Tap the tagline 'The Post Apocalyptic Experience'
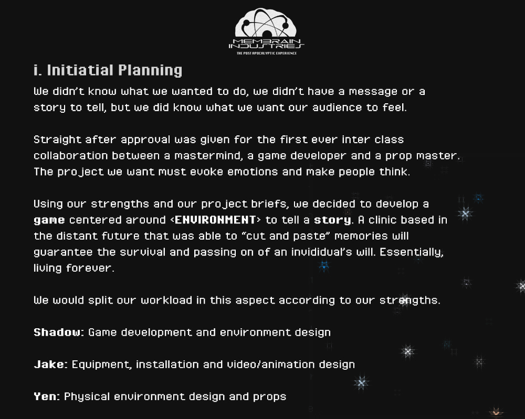[x=267, y=53]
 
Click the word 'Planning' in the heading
[x=150, y=71]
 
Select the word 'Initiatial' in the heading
[x=80, y=70]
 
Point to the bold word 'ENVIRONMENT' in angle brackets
[x=215, y=220]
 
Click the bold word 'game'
[x=49, y=220]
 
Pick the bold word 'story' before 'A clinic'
[x=332, y=220]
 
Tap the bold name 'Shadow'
[x=57, y=332]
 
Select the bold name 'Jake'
[x=49, y=364]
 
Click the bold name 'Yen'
[x=45, y=396]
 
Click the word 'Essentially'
[x=412, y=252]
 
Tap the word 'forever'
[x=90, y=268]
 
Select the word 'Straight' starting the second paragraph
[x=58, y=140]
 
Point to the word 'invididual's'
[x=321, y=252]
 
